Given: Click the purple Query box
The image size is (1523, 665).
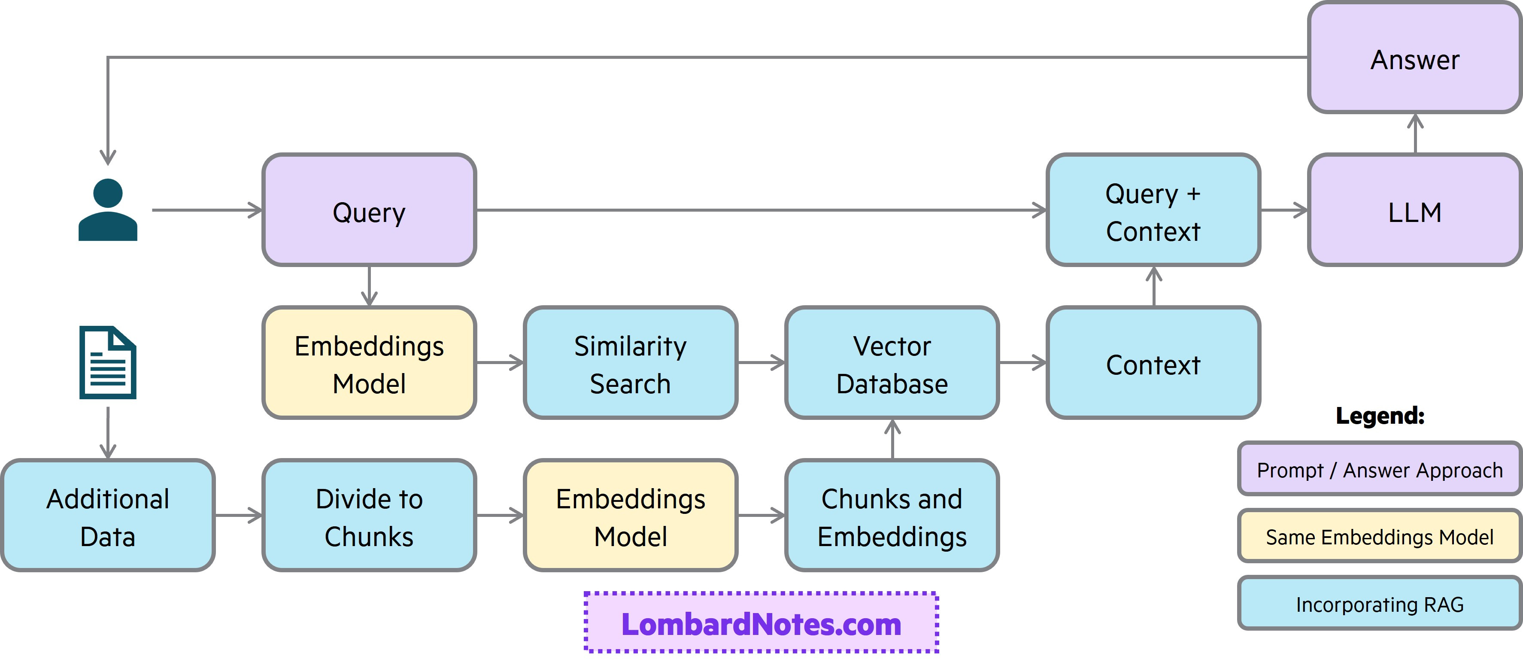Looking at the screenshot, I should tap(369, 210).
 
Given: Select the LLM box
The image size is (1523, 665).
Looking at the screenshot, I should tap(1414, 210).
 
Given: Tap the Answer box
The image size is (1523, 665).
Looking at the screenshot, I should tap(1414, 58).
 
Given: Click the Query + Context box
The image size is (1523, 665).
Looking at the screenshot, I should tap(1153, 210).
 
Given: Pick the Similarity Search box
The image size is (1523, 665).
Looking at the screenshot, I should tap(630, 363).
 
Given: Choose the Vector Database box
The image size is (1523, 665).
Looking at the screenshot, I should tap(892, 363).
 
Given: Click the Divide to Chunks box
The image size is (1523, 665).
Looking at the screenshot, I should tap(369, 516).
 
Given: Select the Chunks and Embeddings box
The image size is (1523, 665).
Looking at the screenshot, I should tap(892, 516).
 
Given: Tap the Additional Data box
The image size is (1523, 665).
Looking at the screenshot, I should tap(108, 516).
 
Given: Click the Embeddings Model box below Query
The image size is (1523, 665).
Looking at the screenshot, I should tap(369, 363).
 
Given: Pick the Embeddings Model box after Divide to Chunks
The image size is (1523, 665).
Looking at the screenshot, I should tap(630, 516).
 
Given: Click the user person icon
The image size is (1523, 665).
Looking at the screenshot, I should tap(108, 210).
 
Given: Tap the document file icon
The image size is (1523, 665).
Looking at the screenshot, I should tap(108, 362).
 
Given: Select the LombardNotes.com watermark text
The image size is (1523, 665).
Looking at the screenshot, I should tap(761, 624).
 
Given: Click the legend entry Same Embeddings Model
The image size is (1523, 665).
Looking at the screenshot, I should tap(1379, 537).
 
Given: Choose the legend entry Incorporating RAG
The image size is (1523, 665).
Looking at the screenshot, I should tap(1379, 604).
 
